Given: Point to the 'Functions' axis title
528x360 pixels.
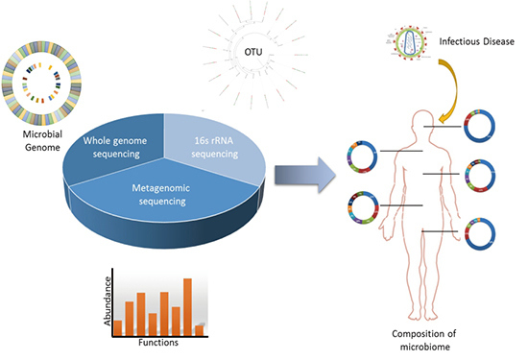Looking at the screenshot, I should pyautogui.click(x=157, y=343).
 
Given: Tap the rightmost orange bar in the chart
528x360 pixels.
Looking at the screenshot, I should pyautogui.click(x=200, y=329).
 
